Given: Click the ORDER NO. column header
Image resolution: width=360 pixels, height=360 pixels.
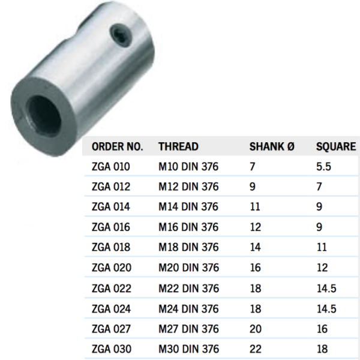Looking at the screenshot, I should click(x=117, y=146).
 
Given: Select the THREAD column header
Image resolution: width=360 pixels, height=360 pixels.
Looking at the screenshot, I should click(x=178, y=146).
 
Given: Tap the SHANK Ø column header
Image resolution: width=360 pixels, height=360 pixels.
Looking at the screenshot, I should click(x=272, y=146).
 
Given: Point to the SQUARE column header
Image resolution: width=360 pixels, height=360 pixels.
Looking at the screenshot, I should click(x=336, y=146).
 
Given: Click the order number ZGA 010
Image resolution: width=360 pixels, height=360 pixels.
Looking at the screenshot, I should click(x=111, y=166).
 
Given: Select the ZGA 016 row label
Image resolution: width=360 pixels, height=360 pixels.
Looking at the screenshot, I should click(x=111, y=227).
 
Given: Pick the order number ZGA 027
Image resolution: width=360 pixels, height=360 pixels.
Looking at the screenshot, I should click(x=111, y=329).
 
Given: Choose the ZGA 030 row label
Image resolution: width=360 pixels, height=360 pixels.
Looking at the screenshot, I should click(x=111, y=349).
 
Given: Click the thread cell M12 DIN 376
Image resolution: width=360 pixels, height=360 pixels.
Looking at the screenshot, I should click(x=188, y=187).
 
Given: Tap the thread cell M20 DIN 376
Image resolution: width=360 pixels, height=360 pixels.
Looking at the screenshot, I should click(x=188, y=268).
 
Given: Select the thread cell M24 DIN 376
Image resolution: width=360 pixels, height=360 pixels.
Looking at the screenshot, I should click(x=188, y=308).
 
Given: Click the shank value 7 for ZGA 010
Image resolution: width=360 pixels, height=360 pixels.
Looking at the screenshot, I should click(x=252, y=166).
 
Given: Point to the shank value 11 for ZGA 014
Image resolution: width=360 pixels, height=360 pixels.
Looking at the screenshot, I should click(x=254, y=207).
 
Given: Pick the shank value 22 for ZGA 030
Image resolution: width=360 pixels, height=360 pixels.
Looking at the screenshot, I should click(x=255, y=349).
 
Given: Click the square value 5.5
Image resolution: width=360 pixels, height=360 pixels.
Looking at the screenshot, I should click(x=323, y=166).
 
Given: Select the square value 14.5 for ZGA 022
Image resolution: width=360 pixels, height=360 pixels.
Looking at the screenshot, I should click(x=326, y=288).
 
